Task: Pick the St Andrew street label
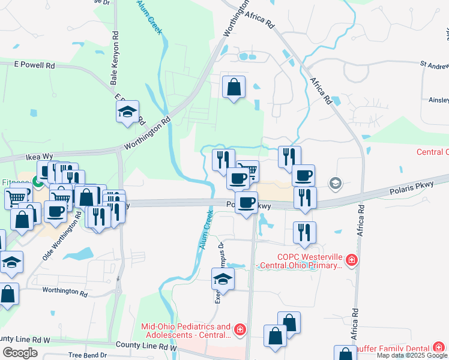(x=433, y=63)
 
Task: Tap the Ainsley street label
(x=438, y=100)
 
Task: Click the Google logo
(x=20, y=353)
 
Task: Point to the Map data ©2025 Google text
(x=412, y=355)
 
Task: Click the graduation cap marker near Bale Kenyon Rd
(x=127, y=112)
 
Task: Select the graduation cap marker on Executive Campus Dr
(x=223, y=279)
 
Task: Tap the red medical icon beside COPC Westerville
(x=352, y=260)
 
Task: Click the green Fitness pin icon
(x=37, y=181)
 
